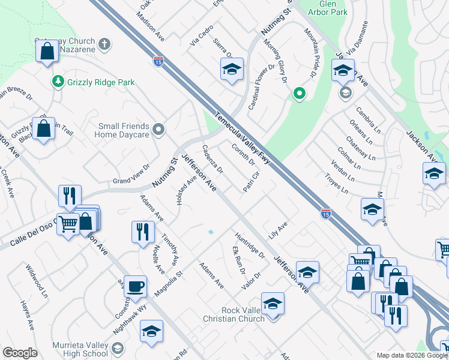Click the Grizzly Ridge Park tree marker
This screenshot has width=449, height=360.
tap(58, 81)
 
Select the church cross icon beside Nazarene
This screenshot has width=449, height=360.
tap(104, 44)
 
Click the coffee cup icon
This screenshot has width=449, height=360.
tap(135, 286)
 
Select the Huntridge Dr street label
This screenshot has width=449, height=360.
tap(250, 246)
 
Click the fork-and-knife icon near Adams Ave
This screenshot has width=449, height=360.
tap(142, 232)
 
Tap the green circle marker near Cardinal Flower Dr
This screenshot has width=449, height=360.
tap(298, 93)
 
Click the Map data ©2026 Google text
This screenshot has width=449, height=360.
tap(412, 355)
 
